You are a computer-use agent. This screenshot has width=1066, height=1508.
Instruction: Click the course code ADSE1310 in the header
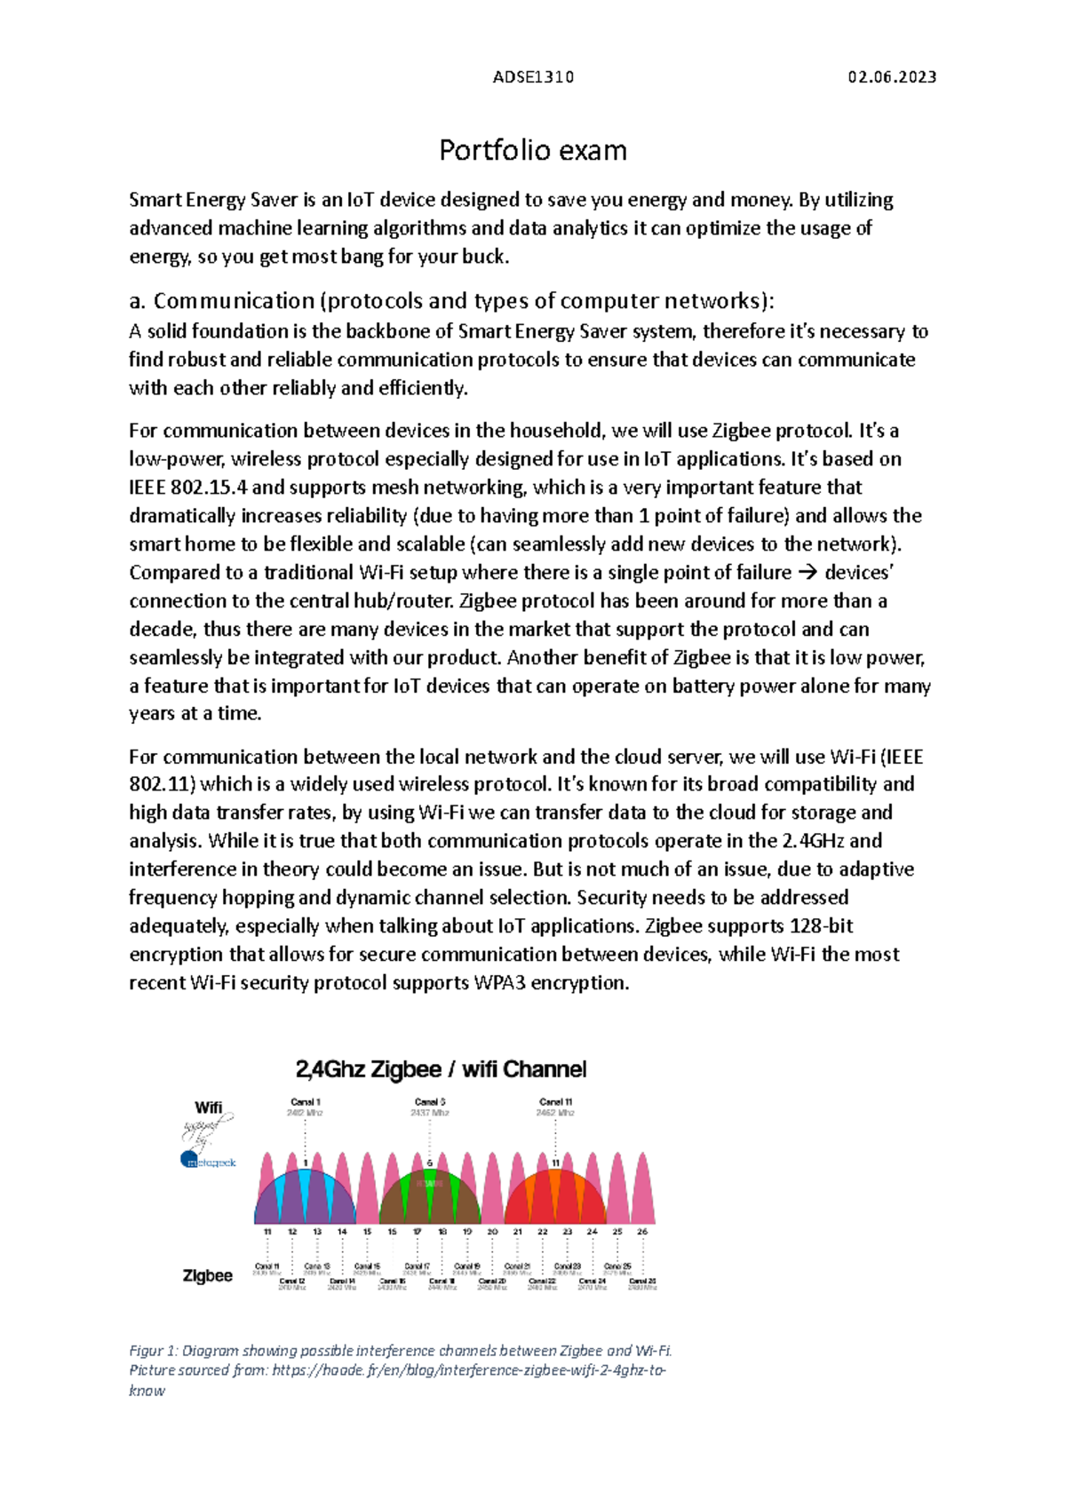(533, 77)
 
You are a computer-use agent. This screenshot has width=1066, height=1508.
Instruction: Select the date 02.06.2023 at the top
(892, 77)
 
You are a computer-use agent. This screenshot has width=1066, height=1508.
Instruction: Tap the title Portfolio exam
(533, 150)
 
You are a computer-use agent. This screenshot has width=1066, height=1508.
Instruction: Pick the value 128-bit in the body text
(821, 926)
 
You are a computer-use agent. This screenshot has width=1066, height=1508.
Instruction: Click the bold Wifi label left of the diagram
(208, 1107)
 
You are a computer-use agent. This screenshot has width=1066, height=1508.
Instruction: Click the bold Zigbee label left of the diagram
(207, 1275)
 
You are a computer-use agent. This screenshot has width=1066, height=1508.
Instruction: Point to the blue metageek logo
(208, 1161)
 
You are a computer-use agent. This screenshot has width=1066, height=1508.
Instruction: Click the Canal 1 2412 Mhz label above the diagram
(305, 1107)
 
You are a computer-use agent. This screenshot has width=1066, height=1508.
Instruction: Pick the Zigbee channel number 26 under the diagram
(642, 1232)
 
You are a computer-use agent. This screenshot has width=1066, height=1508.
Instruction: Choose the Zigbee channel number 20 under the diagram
(492, 1232)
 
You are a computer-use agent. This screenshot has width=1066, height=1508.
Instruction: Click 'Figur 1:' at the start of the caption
(153, 1351)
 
